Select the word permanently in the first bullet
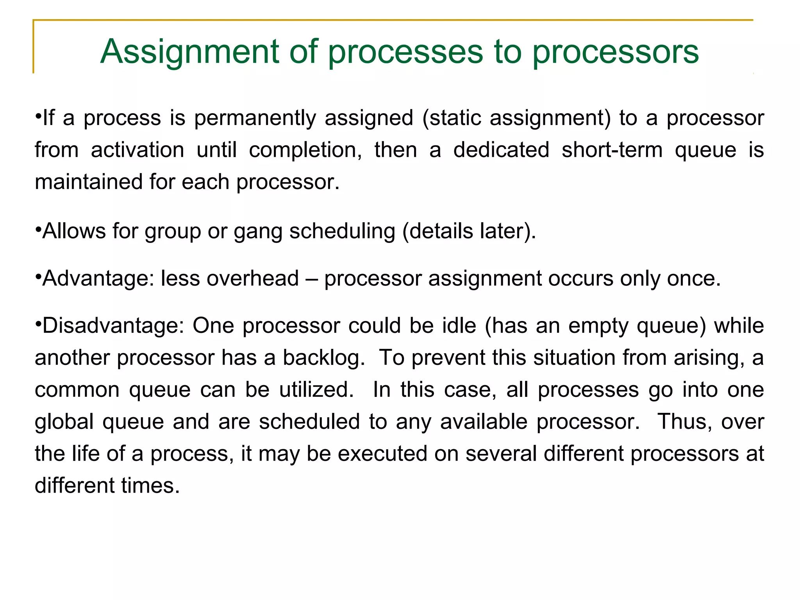[x=255, y=118]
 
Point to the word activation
[x=137, y=150]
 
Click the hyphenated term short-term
[x=612, y=150]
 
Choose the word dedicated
[x=501, y=150]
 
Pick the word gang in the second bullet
[x=258, y=231]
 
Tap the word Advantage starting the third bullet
[x=93, y=279]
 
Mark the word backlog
[x=323, y=358]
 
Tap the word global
[x=64, y=422]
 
